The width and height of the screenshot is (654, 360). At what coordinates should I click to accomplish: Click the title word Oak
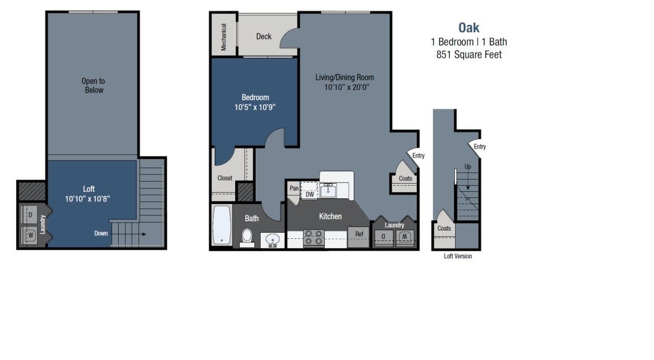click(x=469, y=27)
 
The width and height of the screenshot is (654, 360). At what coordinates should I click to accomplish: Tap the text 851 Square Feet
click(x=469, y=54)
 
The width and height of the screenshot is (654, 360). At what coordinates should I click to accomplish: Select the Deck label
click(x=264, y=36)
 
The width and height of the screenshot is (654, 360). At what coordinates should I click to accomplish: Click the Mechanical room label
click(x=224, y=37)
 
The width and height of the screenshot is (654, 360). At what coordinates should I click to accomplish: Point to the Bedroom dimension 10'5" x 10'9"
click(x=255, y=107)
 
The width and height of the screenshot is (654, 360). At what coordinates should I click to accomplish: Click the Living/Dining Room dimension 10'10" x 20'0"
click(x=346, y=87)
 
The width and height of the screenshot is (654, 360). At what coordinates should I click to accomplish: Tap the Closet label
click(x=225, y=178)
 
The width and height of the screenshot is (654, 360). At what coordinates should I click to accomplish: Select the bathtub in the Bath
click(x=222, y=225)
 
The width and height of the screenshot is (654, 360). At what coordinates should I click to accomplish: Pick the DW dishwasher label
click(x=310, y=194)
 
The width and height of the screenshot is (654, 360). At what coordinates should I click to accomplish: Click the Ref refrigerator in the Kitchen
click(x=359, y=234)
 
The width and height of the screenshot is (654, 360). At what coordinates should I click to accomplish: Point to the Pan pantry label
click(x=294, y=188)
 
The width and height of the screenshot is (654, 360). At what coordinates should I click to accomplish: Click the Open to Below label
click(x=93, y=85)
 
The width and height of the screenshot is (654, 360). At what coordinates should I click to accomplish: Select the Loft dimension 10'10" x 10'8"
click(x=89, y=199)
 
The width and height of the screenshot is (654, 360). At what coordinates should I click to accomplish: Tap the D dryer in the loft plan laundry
click(x=30, y=215)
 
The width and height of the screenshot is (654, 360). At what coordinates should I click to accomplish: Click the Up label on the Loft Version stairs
click(x=468, y=167)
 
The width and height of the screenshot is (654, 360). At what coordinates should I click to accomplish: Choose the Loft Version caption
click(x=458, y=256)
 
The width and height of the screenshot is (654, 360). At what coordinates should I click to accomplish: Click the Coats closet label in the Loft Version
click(x=444, y=228)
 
